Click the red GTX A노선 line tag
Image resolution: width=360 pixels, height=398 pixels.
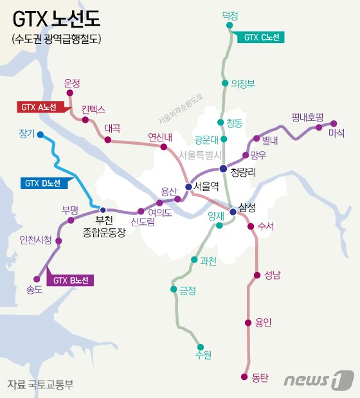(40, 107)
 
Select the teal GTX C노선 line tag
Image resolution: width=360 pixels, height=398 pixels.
(260, 38)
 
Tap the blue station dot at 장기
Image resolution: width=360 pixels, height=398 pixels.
(40, 135)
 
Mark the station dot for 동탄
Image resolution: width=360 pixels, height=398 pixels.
(244, 377)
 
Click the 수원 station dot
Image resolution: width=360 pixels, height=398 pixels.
(201, 346)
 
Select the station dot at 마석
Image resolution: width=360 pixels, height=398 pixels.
(334, 123)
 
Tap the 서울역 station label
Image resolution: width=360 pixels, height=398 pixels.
(206, 186)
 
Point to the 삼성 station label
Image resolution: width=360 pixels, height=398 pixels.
(247, 206)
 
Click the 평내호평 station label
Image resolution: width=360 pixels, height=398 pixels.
(307, 117)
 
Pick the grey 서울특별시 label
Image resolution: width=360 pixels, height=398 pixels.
(200, 154)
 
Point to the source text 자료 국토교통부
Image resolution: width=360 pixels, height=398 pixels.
(40, 384)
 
